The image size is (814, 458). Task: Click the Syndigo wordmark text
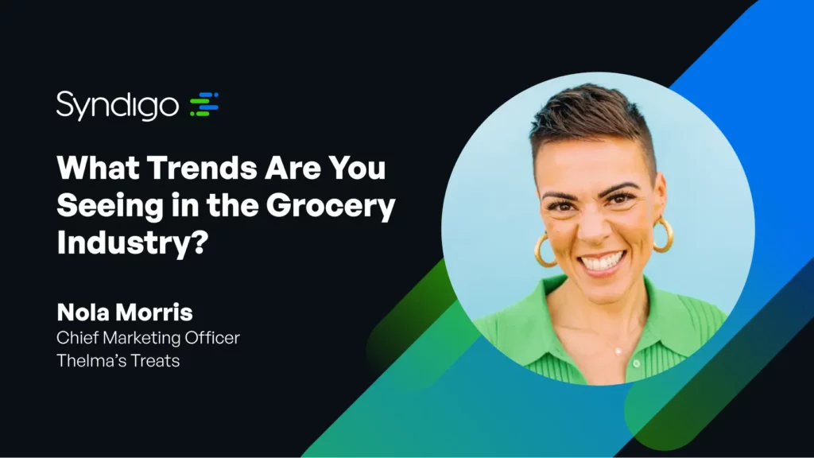pyautogui.click(x=118, y=106)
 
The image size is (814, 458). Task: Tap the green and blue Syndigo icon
pyautogui.click(x=204, y=104)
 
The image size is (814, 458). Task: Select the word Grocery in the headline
pyautogui.click(x=331, y=207)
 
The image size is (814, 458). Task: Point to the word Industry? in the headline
pyautogui.click(x=133, y=243)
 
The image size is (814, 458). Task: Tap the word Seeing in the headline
pyautogui.click(x=110, y=207)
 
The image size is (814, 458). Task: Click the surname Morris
pyautogui.click(x=151, y=312)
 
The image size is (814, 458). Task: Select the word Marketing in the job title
pyautogui.click(x=141, y=338)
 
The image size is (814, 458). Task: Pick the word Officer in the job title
pyautogui.click(x=212, y=337)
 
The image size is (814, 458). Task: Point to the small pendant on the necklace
pyautogui.click(x=618, y=351)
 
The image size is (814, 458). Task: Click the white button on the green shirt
pyautogui.click(x=637, y=363)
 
